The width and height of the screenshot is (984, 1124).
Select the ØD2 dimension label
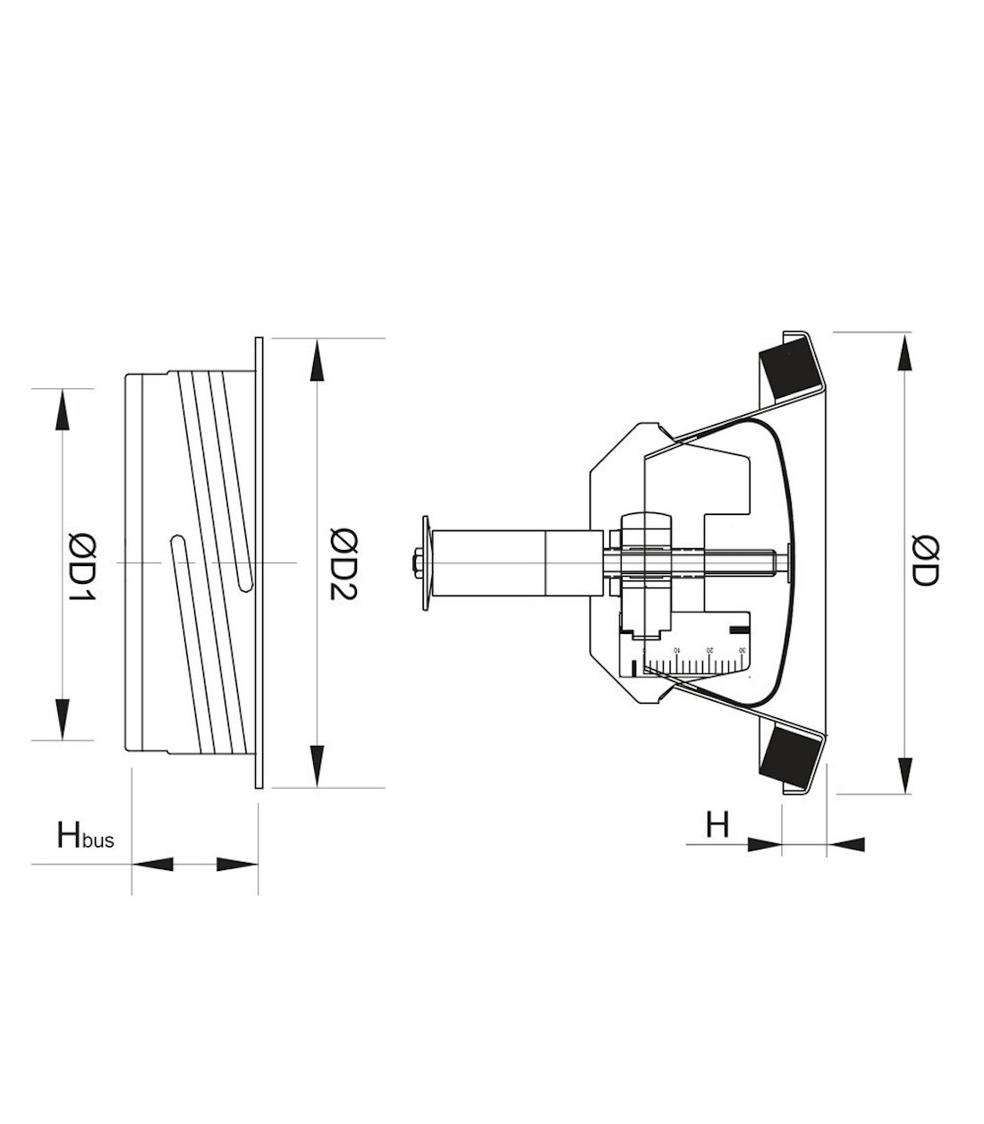(344, 564)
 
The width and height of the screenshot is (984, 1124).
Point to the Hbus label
(85, 837)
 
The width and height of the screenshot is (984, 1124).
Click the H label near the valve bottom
(717, 824)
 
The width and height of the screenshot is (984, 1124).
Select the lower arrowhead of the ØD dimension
(906, 771)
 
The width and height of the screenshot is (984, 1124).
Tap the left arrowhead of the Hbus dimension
(152, 865)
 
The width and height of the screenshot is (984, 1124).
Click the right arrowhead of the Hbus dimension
(237, 865)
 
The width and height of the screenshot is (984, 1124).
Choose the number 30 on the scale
(742, 649)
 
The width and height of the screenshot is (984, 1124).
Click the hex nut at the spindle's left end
(417, 562)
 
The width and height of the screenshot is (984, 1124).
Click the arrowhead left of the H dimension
(762, 842)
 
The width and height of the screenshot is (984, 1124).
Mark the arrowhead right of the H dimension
(848, 842)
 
